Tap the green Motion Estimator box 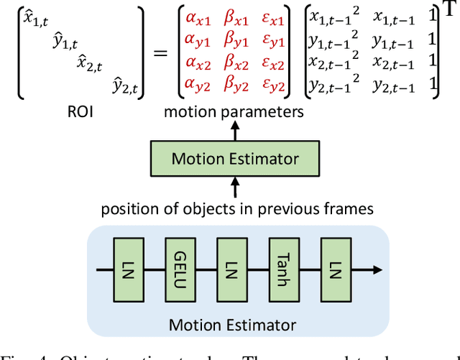(x=234, y=158)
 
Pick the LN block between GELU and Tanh (x=231, y=270)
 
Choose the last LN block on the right (x=334, y=270)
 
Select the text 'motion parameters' (x=234, y=112)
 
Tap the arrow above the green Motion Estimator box (x=234, y=130)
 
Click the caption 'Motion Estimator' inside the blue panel (x=232, y=325)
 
